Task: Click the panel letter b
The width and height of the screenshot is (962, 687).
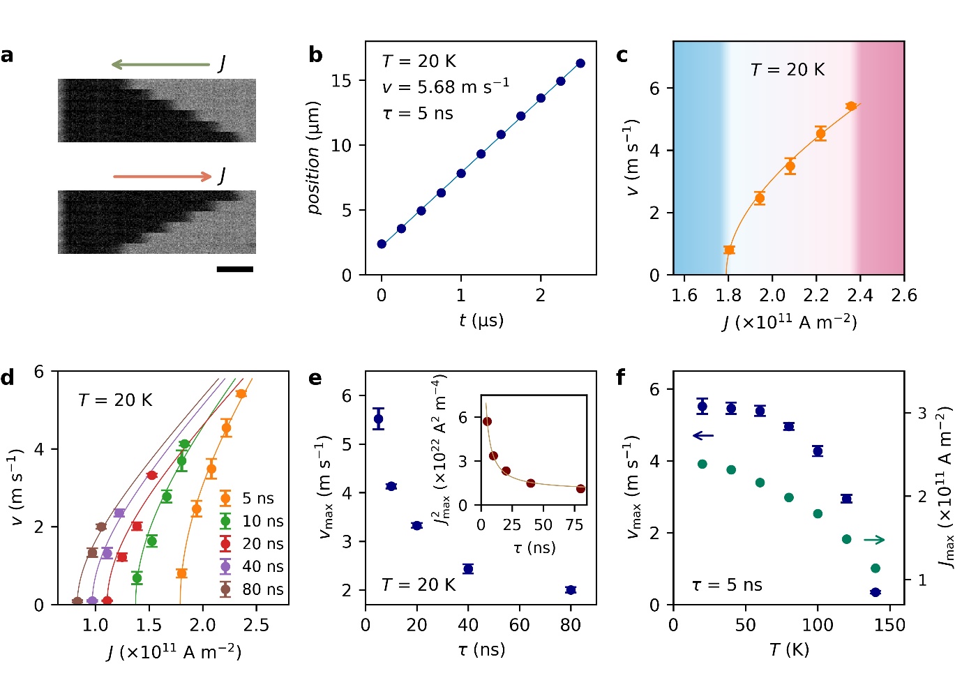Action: click(315, 55)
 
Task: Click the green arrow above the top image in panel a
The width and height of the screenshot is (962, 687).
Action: click(160, 65)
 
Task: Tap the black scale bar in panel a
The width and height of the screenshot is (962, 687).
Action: click(235, 269)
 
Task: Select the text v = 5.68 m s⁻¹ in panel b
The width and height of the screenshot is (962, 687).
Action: click(446, 87)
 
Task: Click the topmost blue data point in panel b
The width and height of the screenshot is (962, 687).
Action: click(580, 63)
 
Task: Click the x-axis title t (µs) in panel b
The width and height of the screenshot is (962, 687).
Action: click(481, 320)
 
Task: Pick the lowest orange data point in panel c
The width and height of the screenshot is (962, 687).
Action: click(729, 250)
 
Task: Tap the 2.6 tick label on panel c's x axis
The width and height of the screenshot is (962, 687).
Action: click(904, 296)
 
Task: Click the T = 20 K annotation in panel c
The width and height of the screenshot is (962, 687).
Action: click(788, 70)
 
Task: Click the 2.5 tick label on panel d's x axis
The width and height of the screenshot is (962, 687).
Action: click(256, 625)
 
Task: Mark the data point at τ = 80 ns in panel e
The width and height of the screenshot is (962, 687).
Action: click(571, 590)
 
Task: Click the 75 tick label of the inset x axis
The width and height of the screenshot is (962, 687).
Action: click(574, 525)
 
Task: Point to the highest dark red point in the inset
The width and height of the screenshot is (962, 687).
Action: click(487, 421)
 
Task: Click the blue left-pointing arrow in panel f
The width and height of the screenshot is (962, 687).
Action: click(703, 436)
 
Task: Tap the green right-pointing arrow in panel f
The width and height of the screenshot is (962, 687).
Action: click(874, 539)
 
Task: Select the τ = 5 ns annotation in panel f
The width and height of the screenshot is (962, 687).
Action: click(727, 585)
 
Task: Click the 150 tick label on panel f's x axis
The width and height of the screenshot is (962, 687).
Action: click(889, 625)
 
